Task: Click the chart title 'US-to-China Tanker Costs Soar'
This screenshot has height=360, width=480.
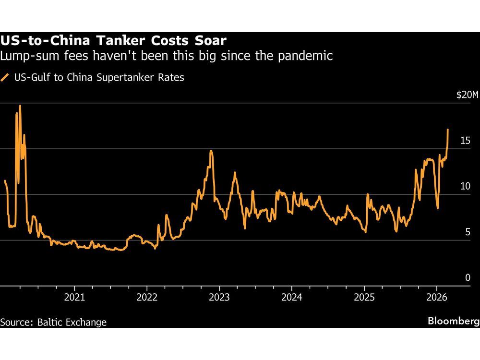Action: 113,40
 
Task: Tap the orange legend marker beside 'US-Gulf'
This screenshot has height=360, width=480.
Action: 5,77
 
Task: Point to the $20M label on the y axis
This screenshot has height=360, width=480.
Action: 467,95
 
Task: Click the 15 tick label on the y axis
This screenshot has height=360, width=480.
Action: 465,141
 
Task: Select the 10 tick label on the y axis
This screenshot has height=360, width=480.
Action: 465,186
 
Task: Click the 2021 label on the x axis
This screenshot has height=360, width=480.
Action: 74,297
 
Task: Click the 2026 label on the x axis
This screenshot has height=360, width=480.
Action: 437,297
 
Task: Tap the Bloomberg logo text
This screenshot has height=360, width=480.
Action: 453,321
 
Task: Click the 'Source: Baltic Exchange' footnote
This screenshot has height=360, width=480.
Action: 54,322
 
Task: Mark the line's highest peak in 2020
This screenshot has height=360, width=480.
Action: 20,106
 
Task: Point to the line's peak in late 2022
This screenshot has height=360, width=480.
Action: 211,151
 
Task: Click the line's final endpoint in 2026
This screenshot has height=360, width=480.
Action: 448,129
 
